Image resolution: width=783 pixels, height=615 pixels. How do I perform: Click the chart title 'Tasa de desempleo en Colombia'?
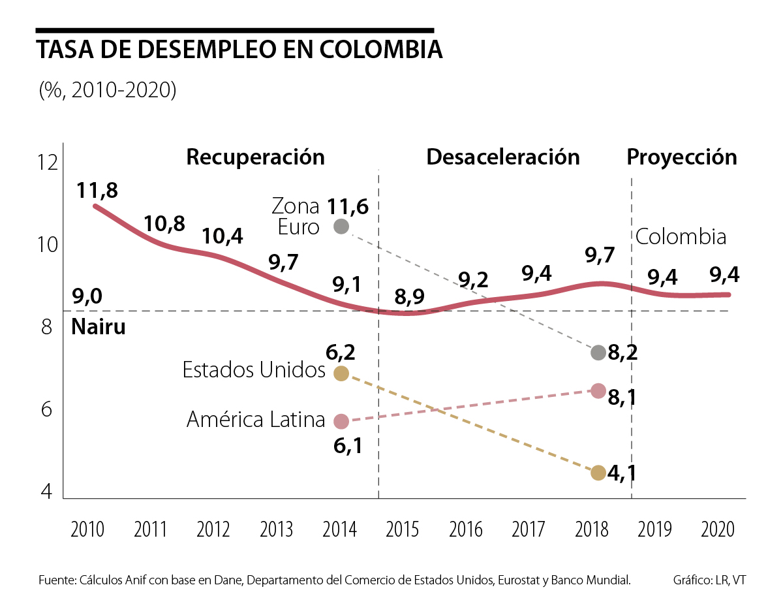coord(239,50)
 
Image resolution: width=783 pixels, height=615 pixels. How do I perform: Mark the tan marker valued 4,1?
coord(598,473)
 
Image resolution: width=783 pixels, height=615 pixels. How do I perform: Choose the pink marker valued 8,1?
coord(598,391)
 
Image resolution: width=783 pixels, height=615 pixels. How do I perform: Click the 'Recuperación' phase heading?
coord(255,157)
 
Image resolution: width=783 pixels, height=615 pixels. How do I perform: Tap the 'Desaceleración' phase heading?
coord(503,157)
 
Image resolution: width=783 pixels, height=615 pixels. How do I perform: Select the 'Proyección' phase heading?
coord(682,157)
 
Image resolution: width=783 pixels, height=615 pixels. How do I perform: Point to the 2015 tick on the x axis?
coord(402,529)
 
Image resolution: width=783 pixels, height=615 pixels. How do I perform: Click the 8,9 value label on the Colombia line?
coord(410,296)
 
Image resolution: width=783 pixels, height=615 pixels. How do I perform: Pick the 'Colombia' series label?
coord(681,237)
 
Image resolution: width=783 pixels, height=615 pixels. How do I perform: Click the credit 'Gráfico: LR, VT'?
coord(709,580)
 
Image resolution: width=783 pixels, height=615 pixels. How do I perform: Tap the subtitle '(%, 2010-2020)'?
coord(107,90)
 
